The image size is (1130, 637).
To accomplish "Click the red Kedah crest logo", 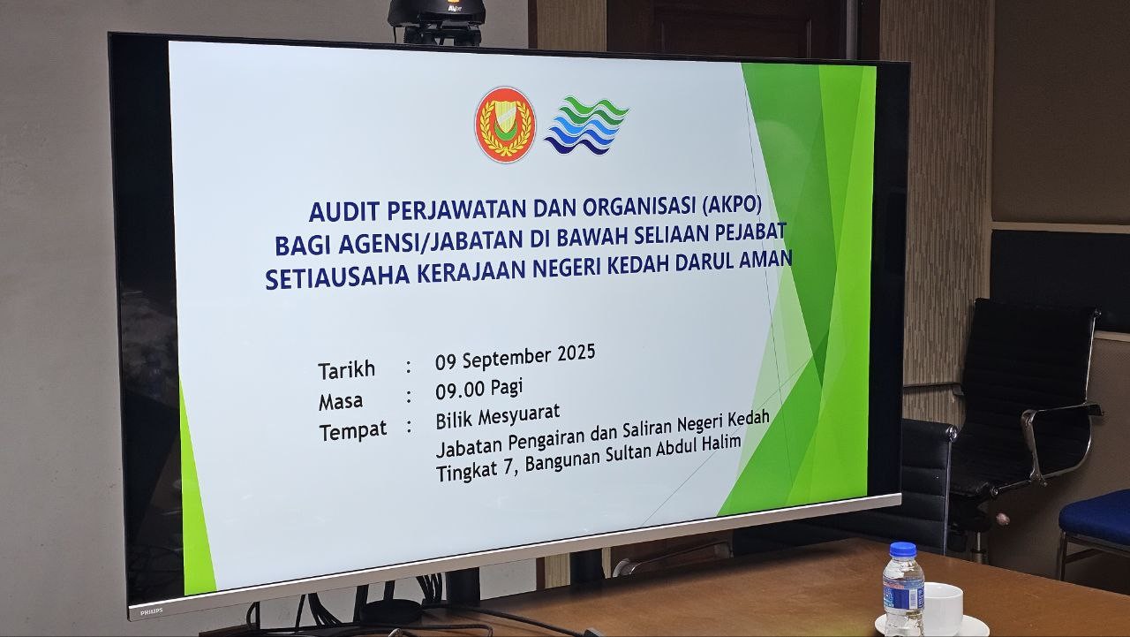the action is (505, 125).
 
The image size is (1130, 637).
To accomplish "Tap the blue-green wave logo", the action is (586, 125).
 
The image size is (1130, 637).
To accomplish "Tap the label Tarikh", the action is (347, 370).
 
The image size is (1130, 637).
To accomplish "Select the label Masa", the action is (341, 402).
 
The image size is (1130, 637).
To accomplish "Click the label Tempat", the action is (353, 431).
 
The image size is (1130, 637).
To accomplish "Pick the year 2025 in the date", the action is (576, 353).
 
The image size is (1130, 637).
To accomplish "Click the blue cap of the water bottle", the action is (903, 550).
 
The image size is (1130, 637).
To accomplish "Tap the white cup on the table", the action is (942, 608).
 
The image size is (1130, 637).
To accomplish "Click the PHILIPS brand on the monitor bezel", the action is (151, 611).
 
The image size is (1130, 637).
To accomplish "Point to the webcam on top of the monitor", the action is (437, 20).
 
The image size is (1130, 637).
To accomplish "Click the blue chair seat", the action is (1095, 516).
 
